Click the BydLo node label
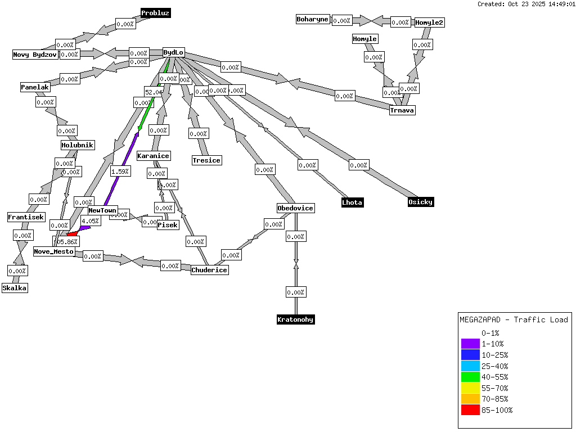[x=173, y=53]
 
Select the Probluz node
[x=155, y=13]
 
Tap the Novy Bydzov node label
[x=35, y=55]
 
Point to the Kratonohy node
[x=295, y=319]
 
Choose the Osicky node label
[x=421, y=202]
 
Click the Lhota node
[x=353, y=202]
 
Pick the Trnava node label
[x=402, y=110]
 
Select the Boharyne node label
[x=312, y=19]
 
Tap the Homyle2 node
[x=430, y=22]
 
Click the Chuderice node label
[x=209, y=270]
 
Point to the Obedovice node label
[x=295, y=208]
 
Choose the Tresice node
[x=206, y=160]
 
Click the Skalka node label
[x=15, y=288]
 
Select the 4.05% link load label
[x=91, y=221]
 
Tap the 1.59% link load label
[x=120, y=172]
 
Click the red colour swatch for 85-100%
[x=470, y=410]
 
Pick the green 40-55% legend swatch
[x=470, y=377]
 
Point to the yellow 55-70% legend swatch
[x=470, y=388]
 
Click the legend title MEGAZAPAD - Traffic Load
[x=514, y=319]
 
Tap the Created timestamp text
[x=525, y=4]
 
